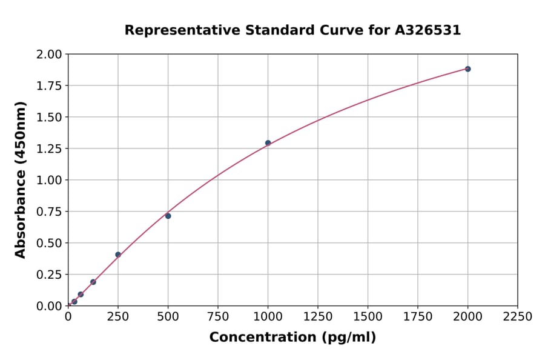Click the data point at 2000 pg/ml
tap(467, 69)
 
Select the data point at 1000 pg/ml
tap(268, 143)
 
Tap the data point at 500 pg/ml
tap(168, 216)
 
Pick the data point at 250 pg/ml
tap(118, 255)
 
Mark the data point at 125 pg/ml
tap(93, 282)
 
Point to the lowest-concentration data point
tap(74, 301)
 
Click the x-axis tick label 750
tap(218, 317)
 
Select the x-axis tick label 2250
tap(517, 317)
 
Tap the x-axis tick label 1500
tap(368, 317)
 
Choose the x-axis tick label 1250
tap(318, 317)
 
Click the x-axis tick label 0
tap(68, 317)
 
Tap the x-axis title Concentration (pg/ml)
tap(292, 338)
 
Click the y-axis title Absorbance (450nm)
tap(21, 180)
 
